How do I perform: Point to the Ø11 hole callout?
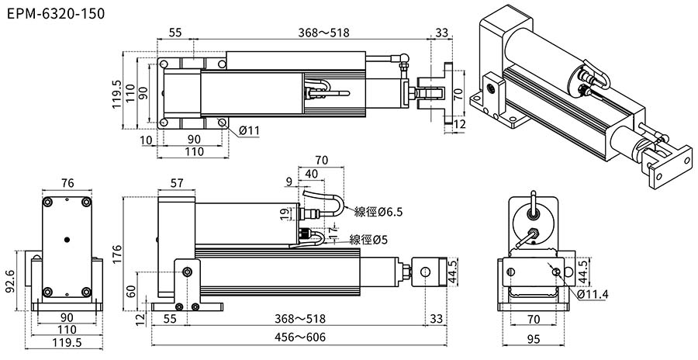[249, 130]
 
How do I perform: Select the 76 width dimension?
[67, 183]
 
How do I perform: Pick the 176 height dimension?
[117, 254]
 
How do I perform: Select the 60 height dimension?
[130, 291]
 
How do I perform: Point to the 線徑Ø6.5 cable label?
[378, 211]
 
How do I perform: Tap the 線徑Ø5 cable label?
[369, 239]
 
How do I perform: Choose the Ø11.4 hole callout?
[593, 294]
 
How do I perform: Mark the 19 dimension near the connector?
[284, 213]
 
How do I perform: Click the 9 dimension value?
[289, 183]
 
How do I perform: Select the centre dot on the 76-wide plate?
[67, 240]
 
